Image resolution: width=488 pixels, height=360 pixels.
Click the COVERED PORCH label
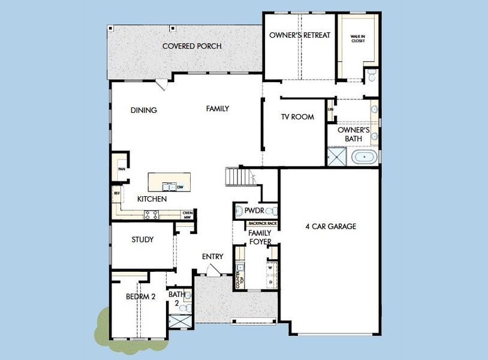pos(192,46)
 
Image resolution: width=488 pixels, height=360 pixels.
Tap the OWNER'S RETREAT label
pos(299,35)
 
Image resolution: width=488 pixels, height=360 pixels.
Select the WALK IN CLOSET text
pos(357,40)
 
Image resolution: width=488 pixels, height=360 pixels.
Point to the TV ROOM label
pos(297,117)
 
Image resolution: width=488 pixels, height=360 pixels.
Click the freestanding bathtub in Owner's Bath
pos(365,158)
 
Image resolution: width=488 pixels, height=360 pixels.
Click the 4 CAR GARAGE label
pos(330,227)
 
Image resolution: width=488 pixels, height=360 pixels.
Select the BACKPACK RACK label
pos(263,223)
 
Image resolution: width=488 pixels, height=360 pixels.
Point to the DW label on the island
pos(180,187)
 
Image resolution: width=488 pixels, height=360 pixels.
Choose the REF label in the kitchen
pos(117,194)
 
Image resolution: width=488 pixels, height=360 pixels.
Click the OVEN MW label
pos(188,214)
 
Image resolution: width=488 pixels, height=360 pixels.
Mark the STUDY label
pos(142,240)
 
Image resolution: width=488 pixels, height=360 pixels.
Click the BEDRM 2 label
pos(140,296)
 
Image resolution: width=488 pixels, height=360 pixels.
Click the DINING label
pos(144,110)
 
